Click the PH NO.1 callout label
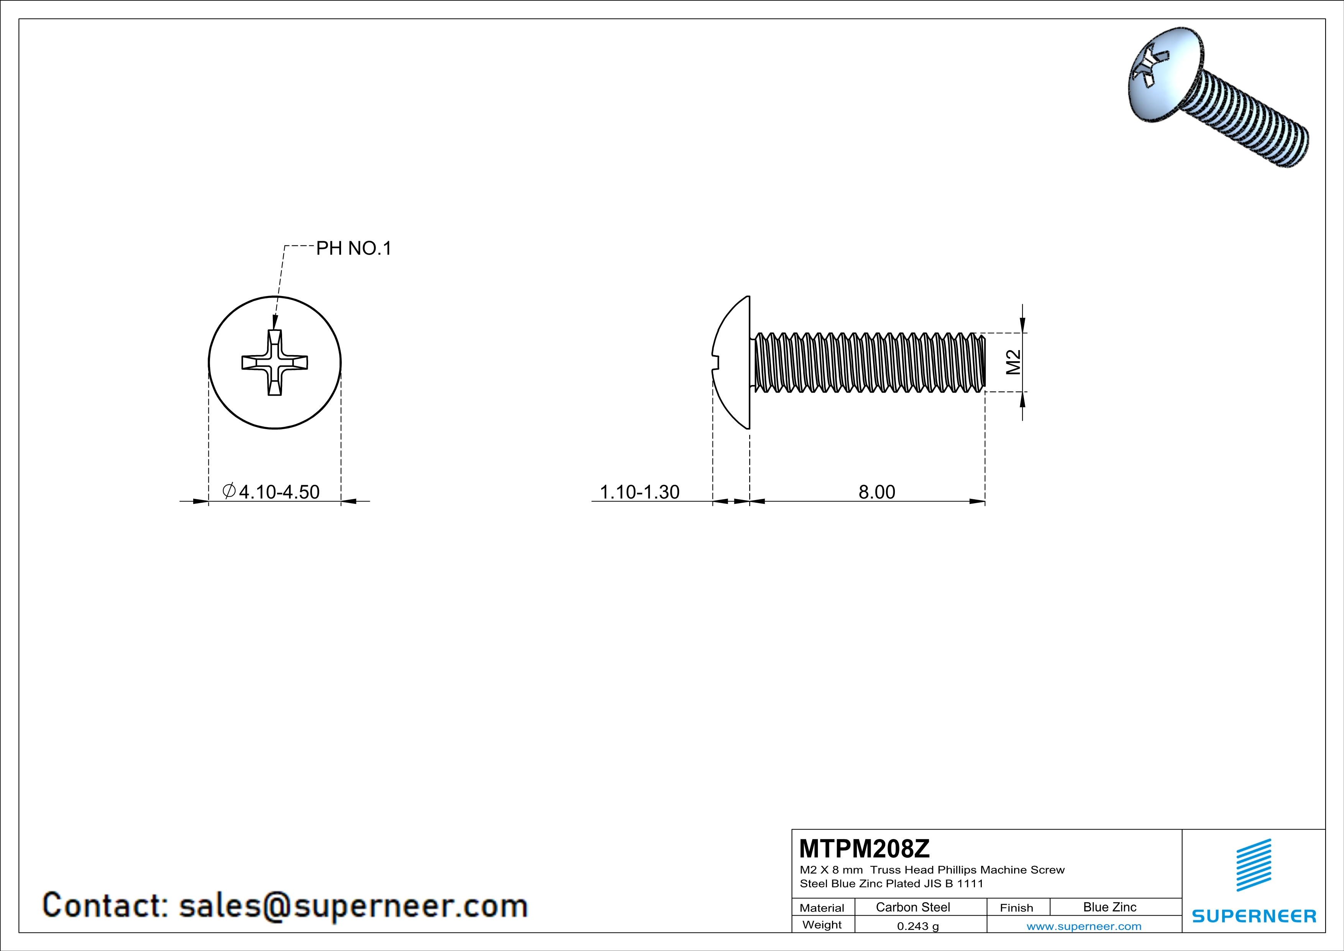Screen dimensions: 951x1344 (x=354, y=248)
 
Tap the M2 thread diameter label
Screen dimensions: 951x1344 (x=1013, y=362)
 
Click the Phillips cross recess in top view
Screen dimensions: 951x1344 (x=274, y=362)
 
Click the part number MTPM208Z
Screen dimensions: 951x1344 (x=864, y=849)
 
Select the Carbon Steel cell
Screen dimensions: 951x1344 (x=912, y=907)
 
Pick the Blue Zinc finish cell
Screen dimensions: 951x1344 (x=1109, y=907)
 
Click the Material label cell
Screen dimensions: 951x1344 (x=822, y=908)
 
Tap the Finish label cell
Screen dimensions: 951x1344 (x=1016, y=908)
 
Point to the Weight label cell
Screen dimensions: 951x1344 (x=822, y=925)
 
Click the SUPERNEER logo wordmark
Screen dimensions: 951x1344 (x=1254, y=916)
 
